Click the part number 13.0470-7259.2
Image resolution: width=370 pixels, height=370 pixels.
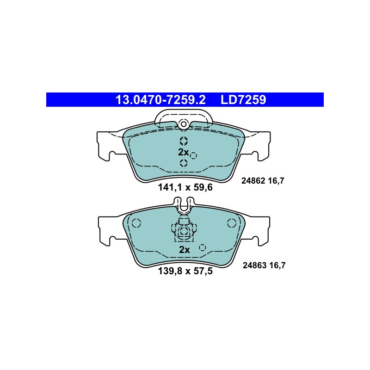tap(160, 99)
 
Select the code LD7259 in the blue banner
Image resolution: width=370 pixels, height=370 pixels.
tap(243, 99)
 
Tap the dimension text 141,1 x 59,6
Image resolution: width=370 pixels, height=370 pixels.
tap(185, 187)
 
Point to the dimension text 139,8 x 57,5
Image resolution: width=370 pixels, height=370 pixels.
tap(185, 271)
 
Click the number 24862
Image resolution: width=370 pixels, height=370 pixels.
tap(253, 181)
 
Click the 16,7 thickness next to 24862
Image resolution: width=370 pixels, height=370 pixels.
tap(276, 181)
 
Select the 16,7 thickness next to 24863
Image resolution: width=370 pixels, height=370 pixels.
tap(277, 265)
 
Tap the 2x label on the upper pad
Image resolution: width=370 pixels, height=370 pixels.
tap(183, 153)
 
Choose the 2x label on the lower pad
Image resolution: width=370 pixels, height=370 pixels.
tap(184, 250)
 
